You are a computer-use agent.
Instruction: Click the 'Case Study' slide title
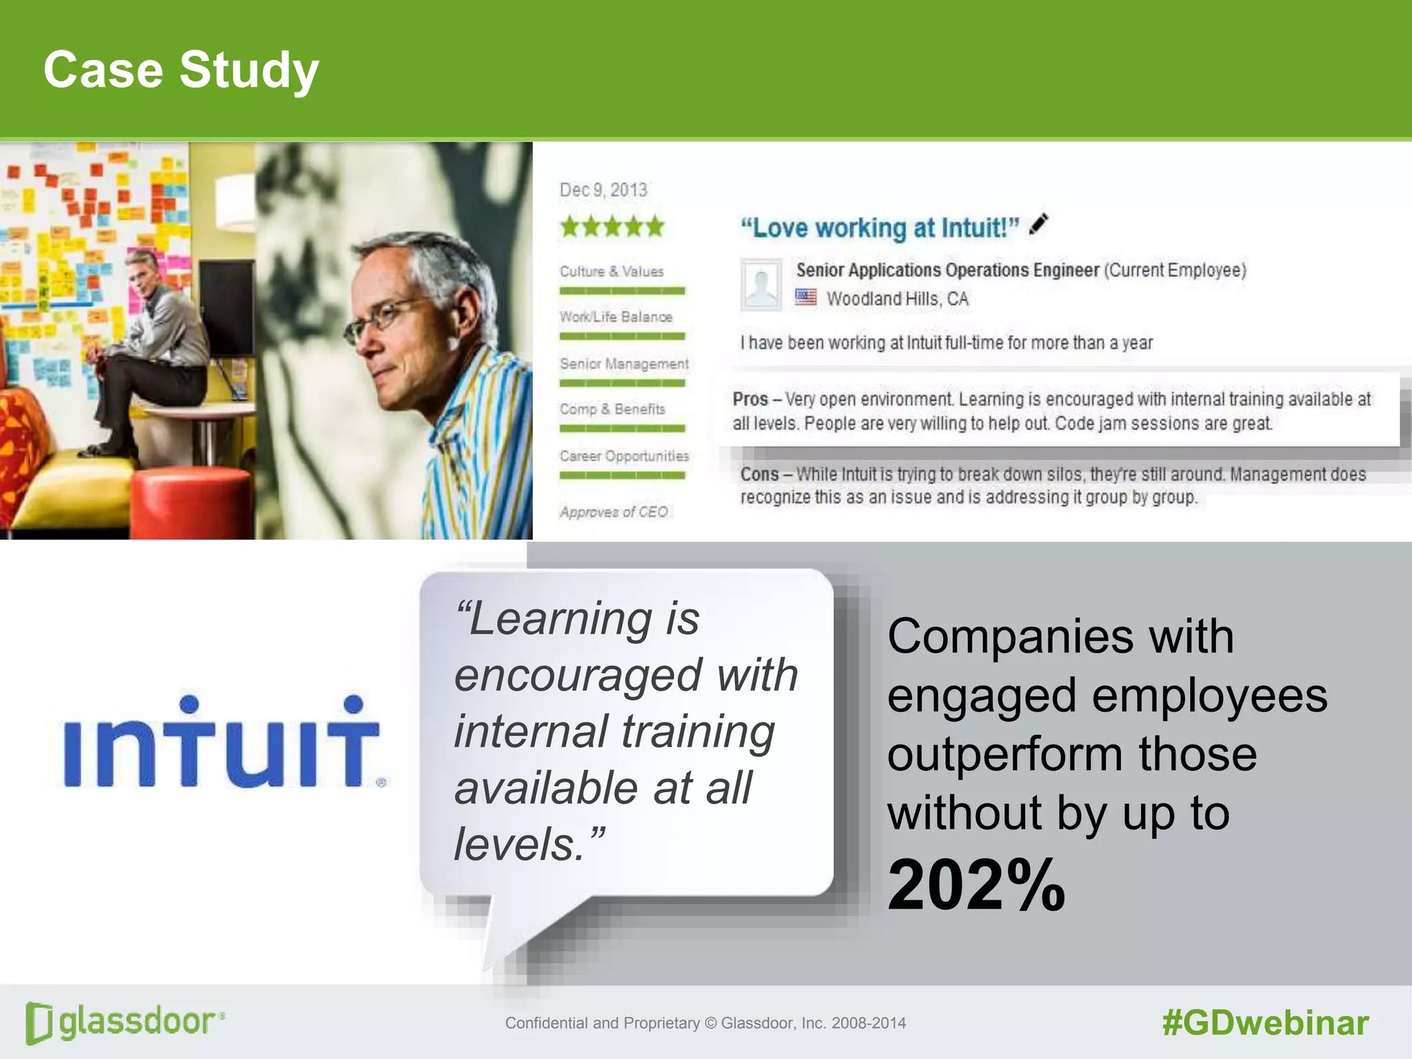tap(181, 70)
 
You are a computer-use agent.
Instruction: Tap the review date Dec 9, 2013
tap(603, 190)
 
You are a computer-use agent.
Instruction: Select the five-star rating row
tap(612, 227)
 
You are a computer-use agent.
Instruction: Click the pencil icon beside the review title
tap(1038, 225)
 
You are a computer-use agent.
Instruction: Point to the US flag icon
tap(805, 298)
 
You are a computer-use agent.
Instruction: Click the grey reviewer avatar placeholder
tap(761, 284)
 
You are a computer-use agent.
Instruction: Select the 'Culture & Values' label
tap(612, 272)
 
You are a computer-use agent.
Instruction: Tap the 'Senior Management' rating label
tap(624, 363)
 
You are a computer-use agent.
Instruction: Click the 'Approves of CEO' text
tap(614, 512)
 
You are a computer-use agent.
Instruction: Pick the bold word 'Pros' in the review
tap(750, 399)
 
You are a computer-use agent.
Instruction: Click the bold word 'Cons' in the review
tap(759, 474)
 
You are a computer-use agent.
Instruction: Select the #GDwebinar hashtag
tap(1265, 1022)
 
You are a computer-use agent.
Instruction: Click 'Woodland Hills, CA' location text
tap(897, 299)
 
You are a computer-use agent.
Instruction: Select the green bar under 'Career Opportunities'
tap(622, 475)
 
